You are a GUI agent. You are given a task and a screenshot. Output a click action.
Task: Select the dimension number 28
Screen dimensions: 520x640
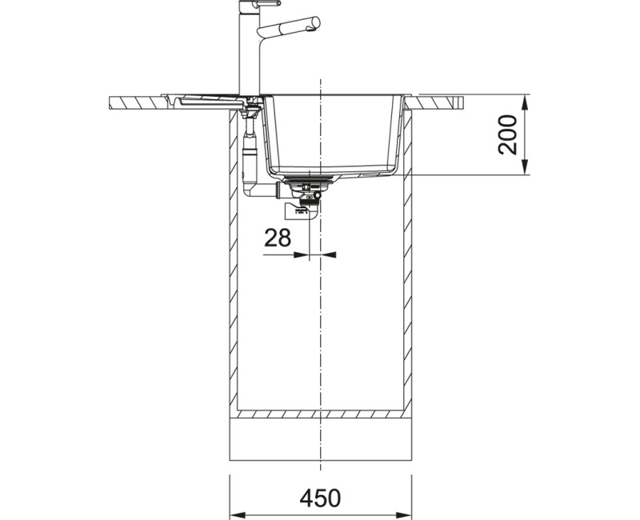click(278, 238)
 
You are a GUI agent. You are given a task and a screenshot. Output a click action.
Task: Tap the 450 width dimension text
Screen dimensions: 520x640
click(320, 498)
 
